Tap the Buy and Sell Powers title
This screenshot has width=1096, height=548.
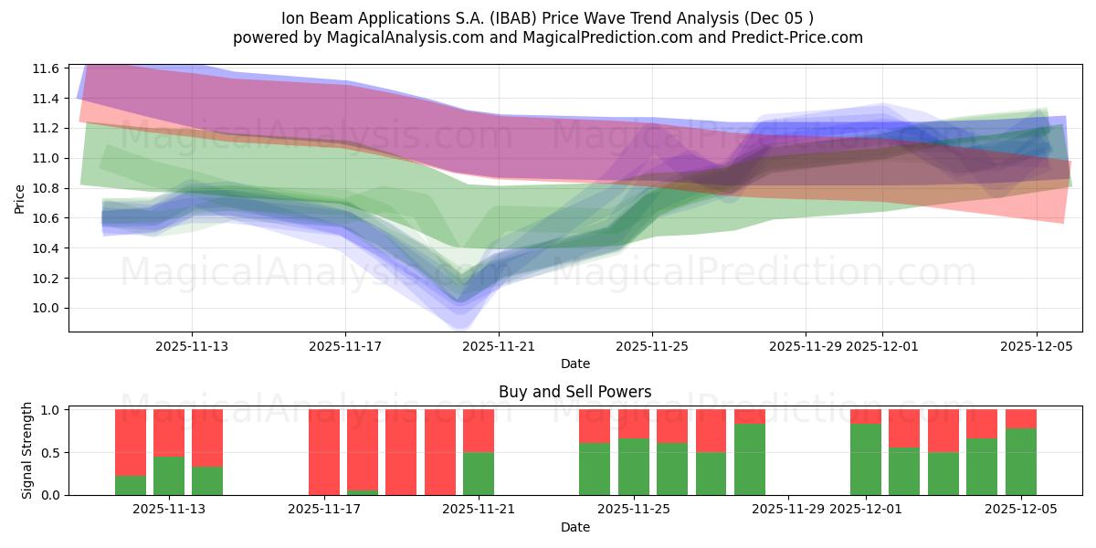coord(574,392)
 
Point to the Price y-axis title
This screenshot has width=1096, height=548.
coord(20,198)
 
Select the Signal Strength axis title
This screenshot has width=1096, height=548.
coord(27,450)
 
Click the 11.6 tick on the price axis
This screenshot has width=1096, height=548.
coord(47,68)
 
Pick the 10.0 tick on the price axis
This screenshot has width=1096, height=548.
coord(47,309)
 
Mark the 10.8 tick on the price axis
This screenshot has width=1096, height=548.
coord(47,188)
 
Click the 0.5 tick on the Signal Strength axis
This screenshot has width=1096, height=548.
coord(50,452)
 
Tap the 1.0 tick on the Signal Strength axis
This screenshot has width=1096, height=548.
coord(50,410)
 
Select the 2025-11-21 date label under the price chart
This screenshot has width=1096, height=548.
coord(499,346)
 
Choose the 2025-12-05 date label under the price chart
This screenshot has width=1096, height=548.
coord(1036,346)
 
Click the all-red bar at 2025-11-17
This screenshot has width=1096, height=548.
coord(324,452)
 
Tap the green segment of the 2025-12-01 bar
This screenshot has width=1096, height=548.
coord(866,459)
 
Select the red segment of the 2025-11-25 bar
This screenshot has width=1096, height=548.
coord(634,424)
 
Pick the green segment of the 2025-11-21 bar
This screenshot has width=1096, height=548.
coord(479,473)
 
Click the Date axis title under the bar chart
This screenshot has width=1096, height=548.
coord(574,527)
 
